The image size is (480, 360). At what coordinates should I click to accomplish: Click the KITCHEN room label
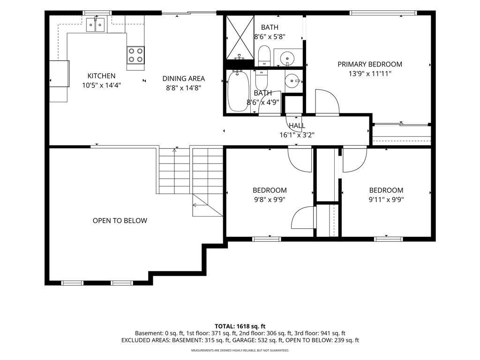coord(101,76)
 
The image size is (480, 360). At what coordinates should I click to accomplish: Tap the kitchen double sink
coord(96,25)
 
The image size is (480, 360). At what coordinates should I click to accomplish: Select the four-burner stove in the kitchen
coord(135,55)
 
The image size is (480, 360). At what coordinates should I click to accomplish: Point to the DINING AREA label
coord(183,79)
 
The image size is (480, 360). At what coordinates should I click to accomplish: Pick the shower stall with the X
coord(240,37)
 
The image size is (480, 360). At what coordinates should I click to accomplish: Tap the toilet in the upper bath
coord(264,56)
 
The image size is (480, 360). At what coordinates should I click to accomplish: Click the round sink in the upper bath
coord(287,57)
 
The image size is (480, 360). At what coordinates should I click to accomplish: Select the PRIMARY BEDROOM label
coord(370,64)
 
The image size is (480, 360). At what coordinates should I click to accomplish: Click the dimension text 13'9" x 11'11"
coord(370,74)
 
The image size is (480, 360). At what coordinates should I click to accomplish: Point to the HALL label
coord(297,126)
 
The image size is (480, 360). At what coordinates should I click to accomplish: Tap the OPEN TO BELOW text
coord(120,221)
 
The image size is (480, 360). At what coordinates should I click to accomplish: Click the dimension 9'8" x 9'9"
coord(270,200)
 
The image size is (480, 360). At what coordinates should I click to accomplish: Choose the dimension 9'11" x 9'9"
coord(386,200)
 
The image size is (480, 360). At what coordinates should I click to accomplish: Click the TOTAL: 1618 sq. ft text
coord(240,326)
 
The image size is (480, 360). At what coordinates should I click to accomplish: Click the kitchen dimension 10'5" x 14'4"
coord(101,85)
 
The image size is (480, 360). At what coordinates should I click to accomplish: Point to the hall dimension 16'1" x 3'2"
coord(297,135)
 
